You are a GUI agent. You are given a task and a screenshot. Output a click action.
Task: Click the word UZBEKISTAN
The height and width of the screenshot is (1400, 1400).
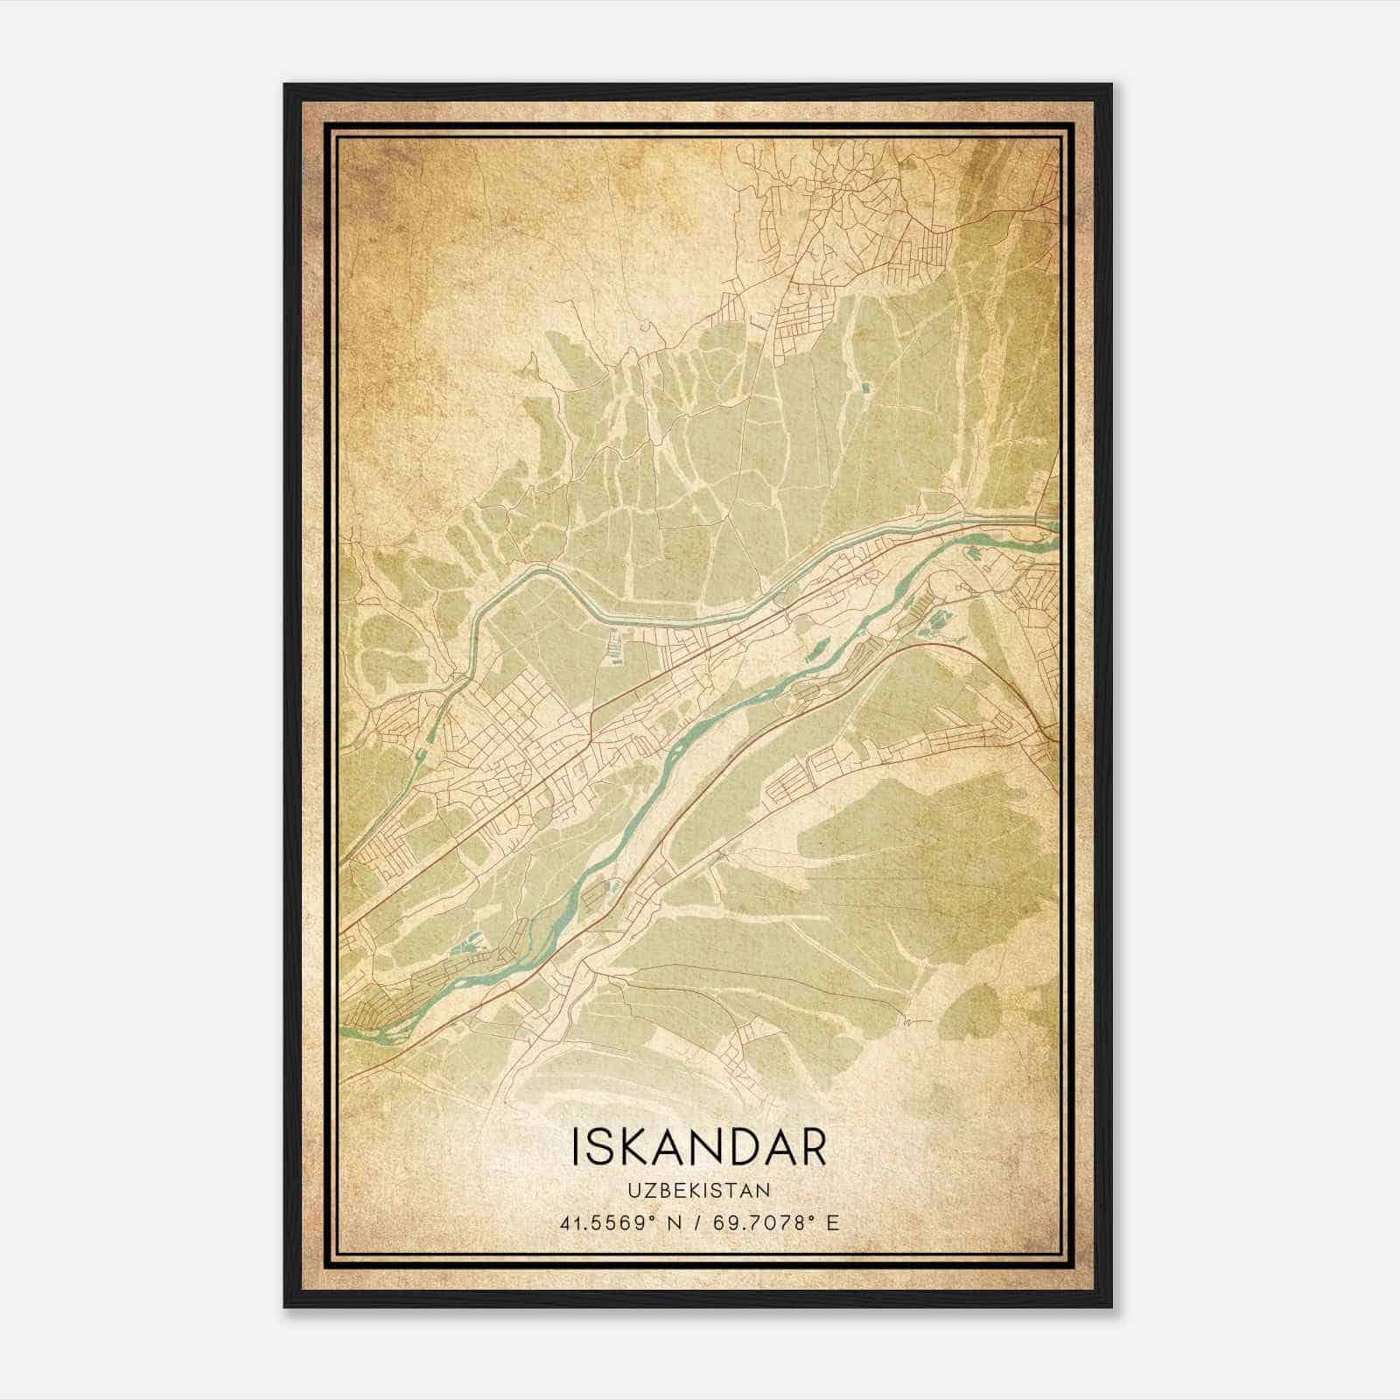[698, 1190]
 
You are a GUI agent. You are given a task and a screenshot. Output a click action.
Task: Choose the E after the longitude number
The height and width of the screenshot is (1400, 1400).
[832, 1222]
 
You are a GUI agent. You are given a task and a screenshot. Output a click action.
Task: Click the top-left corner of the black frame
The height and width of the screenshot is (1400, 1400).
[286, 86]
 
